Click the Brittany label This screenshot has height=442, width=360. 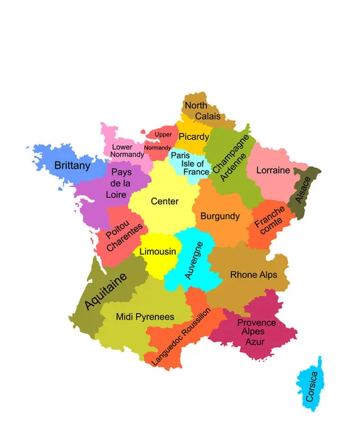coord(72,166)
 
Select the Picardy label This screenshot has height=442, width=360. coord(194,136)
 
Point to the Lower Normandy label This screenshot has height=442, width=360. coord(127,150)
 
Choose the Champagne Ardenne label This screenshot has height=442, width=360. coord(231,159)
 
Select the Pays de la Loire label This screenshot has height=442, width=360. coord(121,183)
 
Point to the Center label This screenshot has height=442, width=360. coord(164,201)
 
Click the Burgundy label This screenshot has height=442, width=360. coord(219,216)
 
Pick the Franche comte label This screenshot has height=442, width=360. coord(268,219)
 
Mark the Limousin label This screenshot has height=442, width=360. coord(158,251)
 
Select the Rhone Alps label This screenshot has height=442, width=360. coord(254,275)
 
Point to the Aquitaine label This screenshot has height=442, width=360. coord(106,292)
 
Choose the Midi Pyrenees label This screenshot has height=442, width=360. coord(145,317)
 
